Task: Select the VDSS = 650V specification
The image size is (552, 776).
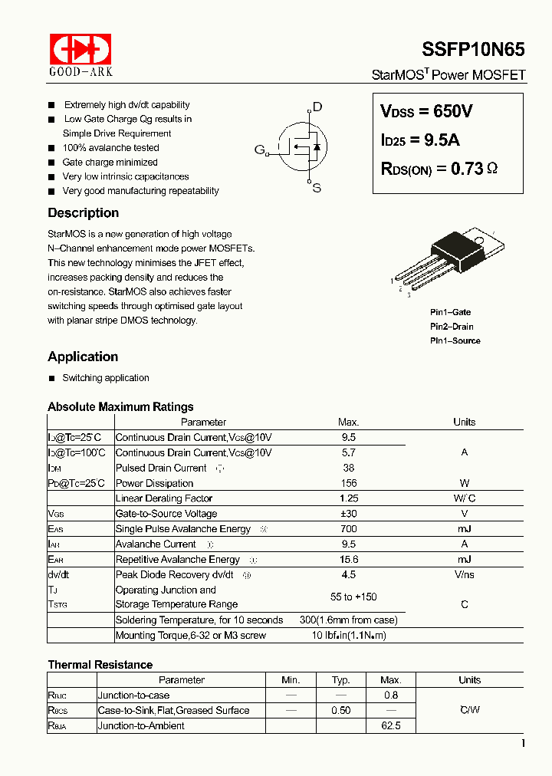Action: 426,111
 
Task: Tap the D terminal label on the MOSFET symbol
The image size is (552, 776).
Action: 317,107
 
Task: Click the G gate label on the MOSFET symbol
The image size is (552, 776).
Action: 259,150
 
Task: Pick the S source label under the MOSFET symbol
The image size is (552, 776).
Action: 317,188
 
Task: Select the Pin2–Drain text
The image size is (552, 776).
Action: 452,327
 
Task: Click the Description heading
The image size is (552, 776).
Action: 83,213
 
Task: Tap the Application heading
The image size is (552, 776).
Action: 83,357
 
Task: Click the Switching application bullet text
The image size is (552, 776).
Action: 106,378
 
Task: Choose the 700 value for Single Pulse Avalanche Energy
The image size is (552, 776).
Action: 348,529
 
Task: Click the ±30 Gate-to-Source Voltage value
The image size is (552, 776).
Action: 348,514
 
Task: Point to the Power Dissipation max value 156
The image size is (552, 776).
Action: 348,483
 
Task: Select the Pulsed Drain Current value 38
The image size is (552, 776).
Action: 348,468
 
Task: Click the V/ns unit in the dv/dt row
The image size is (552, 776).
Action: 464,574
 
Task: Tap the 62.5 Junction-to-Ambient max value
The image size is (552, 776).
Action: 390,725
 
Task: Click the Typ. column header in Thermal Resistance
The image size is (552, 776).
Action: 341,680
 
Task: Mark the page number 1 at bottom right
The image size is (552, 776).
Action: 522,743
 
